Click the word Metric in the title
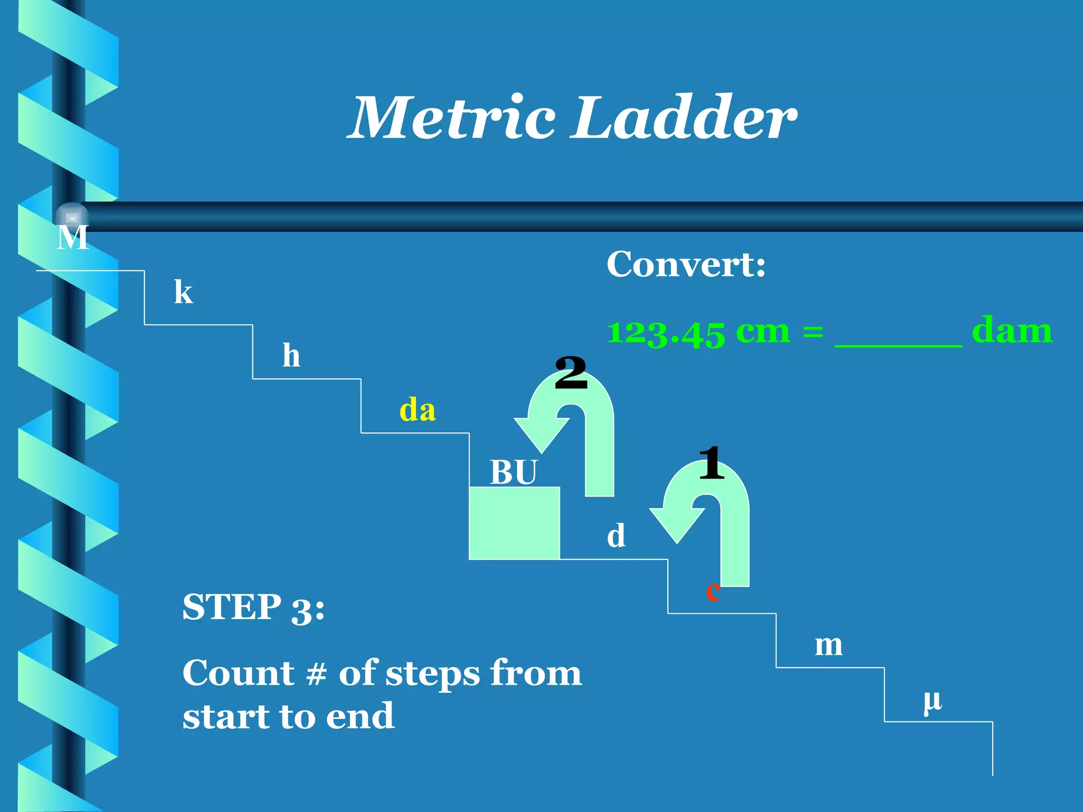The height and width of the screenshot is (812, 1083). tap(452, 119)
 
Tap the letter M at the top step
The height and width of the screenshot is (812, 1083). tap(72, 238)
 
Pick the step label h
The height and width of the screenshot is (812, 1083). tap(291, 355)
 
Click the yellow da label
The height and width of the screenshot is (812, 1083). tap(417, 410)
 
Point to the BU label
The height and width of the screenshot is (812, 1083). tap(513, 472)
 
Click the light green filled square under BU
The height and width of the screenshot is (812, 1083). tap(514, 523)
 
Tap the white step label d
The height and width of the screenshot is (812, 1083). tap(616, 536)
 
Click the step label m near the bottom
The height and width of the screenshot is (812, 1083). tap(828, 645)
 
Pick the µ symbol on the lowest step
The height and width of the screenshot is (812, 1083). tap(933, 701)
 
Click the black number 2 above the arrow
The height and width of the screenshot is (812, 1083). tap(571, 373)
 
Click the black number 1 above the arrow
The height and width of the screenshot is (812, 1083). tap(711, 463)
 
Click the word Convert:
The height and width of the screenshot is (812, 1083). tap(686, 264)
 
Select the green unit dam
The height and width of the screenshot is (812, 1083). tap(1012, 331)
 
